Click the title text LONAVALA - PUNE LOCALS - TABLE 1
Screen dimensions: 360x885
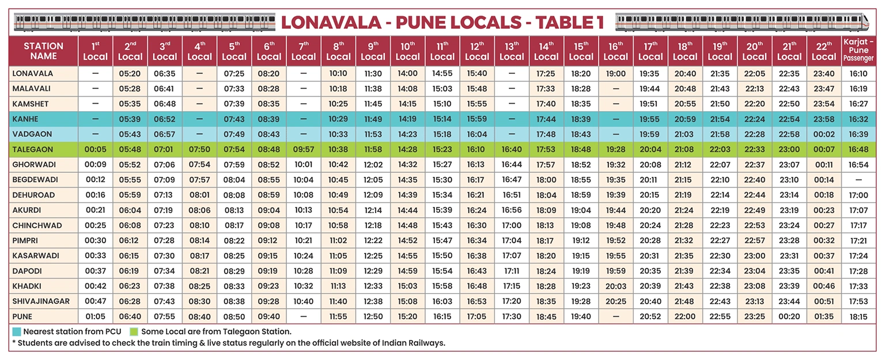442,22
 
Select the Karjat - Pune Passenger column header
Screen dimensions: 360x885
858,51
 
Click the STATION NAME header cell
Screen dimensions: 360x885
44,51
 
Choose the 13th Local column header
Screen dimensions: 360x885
512,51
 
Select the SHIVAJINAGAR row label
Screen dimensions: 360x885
41,301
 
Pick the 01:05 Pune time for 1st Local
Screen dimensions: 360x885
95,316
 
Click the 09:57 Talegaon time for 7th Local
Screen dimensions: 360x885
303,149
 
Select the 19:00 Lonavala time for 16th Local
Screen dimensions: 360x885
615,74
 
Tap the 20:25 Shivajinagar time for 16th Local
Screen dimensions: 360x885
615,301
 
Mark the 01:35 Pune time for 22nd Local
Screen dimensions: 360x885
823,316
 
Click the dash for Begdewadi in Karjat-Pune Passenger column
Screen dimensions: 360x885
858,180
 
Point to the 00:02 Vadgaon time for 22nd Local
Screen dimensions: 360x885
823,134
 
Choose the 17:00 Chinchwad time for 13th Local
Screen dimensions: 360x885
512,225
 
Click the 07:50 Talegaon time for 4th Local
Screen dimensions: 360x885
199,149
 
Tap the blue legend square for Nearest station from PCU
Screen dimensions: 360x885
17,331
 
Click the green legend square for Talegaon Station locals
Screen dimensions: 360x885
134,331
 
